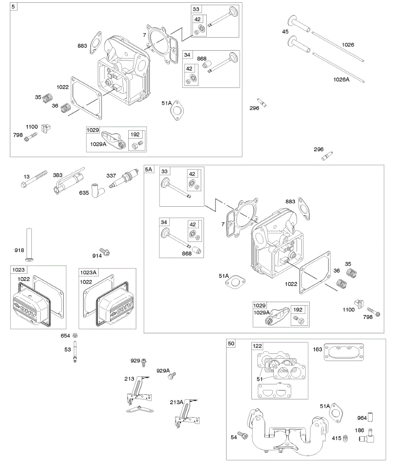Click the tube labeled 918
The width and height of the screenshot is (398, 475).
click(29, 244)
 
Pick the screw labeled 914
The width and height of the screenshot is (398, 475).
click(105, 251)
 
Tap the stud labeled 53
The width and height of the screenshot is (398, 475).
click(74, 353)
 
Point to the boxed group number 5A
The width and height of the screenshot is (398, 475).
click(149, 169)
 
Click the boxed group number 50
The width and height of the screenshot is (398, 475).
click(231, 343)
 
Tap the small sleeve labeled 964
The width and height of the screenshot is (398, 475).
click(371, 417)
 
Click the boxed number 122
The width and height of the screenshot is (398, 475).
click(258, 346)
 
